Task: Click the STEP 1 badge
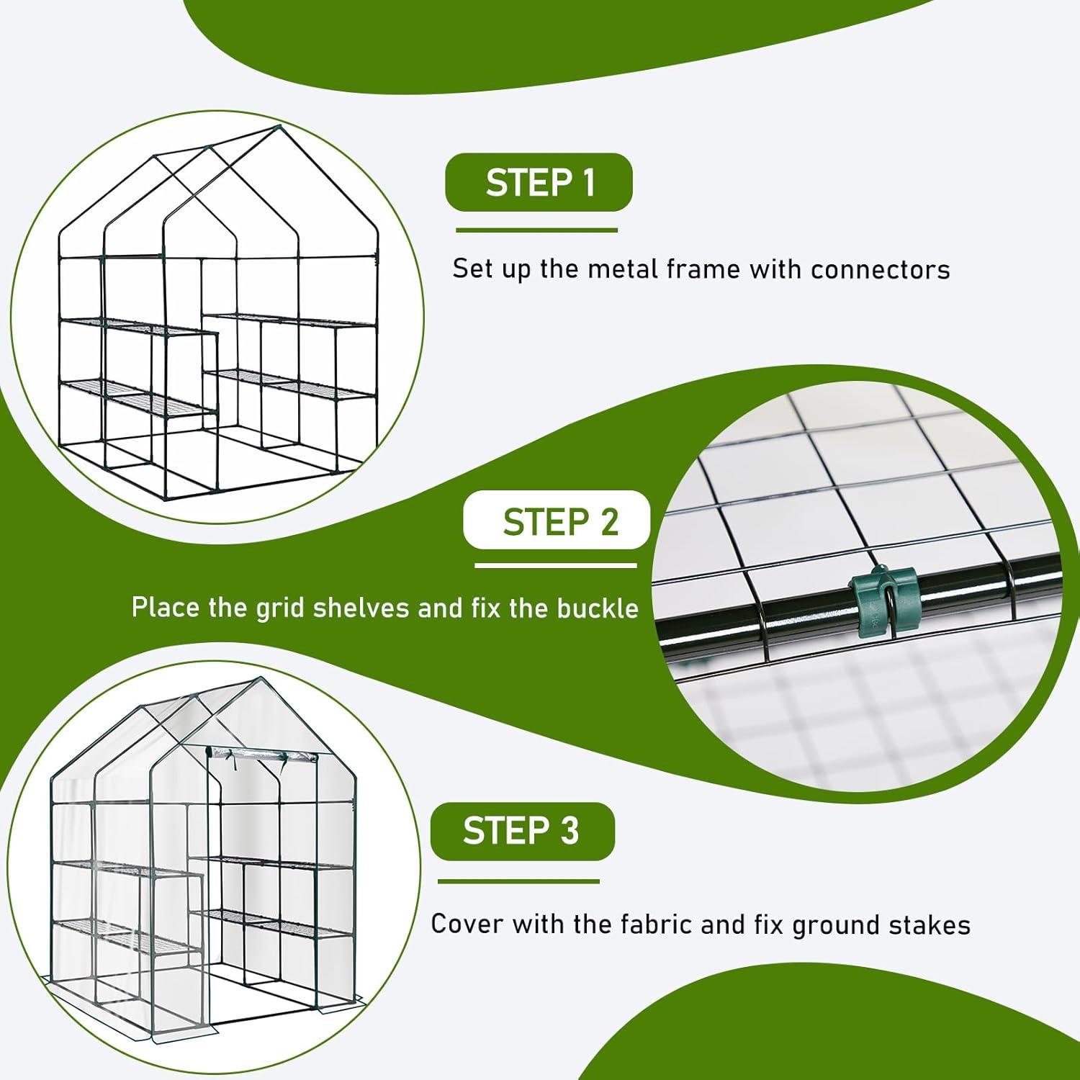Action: (x=539, y=182)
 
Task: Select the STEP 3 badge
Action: (x=522, y=831)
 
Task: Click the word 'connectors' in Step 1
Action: (x=880, y=269)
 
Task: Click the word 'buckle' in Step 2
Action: (x=598, y=608)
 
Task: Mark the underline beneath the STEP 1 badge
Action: (x=536, y=230)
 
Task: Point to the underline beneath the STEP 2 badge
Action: (x=556, y=565)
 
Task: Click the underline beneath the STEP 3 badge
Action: (x=518, y=881)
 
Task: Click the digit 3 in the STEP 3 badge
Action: (x=570, y=831)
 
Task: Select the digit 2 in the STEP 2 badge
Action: (x=609, y=521)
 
